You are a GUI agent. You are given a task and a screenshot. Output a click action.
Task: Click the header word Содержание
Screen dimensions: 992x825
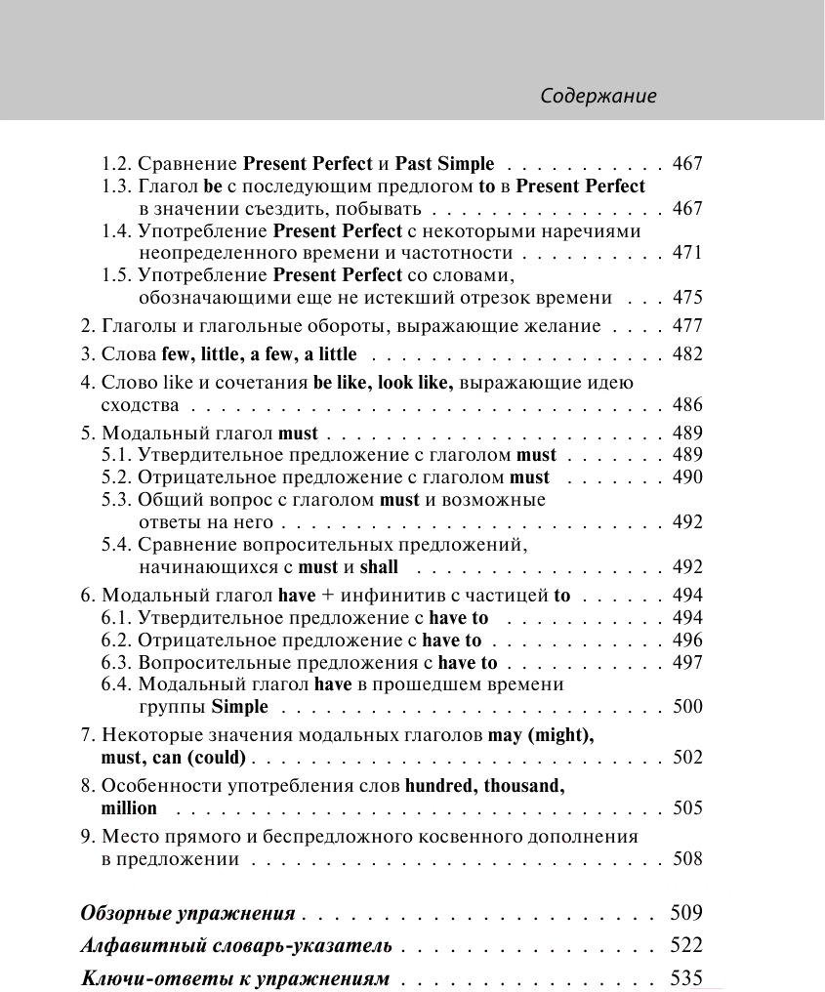[x=598, y=96]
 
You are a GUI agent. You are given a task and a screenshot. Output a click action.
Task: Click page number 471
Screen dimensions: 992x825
[x=687, y=253]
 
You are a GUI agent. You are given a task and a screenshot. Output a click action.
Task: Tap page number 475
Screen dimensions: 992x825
[x=687, y=298]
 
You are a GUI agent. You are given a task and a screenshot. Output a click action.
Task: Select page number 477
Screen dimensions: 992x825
[x=687, y=326]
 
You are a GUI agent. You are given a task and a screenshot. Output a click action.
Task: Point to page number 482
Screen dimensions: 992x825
[x=687, y=354]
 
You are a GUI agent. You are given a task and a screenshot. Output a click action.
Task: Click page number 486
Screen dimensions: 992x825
[x=687, y=405]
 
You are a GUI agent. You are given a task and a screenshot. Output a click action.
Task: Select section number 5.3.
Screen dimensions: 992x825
[x=116, y=500]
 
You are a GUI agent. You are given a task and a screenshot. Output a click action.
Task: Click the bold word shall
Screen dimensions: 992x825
[x=379, y=567]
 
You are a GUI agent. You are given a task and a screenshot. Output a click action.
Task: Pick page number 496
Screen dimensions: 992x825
[x=687, y=641]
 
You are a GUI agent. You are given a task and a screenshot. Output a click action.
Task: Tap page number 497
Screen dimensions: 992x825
[x=687, y=663]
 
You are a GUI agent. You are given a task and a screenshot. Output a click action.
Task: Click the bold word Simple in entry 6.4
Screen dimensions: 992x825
[x=239, y=707]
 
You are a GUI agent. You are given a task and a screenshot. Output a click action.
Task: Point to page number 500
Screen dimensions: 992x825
[x=687, y=707]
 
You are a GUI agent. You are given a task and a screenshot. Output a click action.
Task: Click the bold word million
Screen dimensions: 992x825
[x=129, y=808]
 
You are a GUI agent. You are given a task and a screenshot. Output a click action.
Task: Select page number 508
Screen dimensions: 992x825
[x=687, y=859]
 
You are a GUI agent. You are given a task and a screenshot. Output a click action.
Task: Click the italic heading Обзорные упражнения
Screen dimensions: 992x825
[x=187, y=915]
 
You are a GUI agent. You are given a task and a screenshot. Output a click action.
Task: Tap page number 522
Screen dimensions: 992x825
[x=687, y=945]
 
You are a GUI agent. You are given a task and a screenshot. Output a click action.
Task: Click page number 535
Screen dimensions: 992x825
[x=687, y=978]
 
